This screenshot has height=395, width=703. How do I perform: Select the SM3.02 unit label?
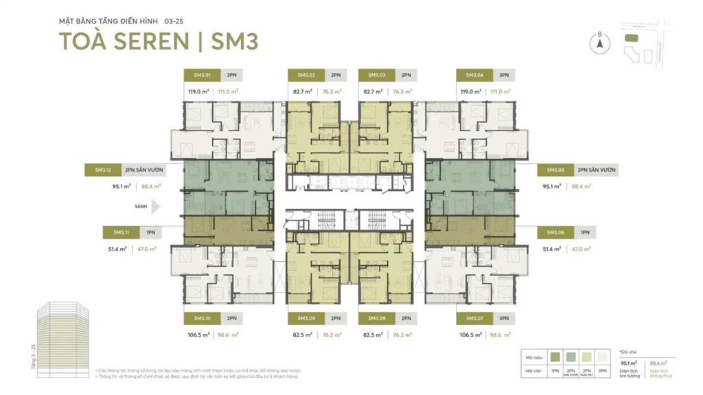306,75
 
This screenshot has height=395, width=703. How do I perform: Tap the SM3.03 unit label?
376,75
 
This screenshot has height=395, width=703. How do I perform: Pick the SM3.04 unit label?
474,75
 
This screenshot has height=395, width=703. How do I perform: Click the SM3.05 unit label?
555,169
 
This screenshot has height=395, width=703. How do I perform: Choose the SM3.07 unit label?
474,318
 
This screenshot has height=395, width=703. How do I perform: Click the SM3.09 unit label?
306,318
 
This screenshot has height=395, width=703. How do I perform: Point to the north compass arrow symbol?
599,43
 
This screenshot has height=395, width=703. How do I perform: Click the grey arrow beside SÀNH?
155,206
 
